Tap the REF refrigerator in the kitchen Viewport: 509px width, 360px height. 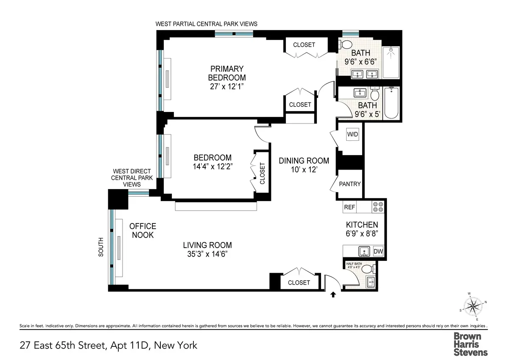coord(349,207)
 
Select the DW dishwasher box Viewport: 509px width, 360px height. coord(378,251)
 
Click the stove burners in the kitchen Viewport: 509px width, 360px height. coord(378,207)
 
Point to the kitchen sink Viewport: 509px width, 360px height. coord(364,251)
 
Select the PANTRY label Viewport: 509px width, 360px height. coord(350,184)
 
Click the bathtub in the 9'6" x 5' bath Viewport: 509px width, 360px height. coord(391,103)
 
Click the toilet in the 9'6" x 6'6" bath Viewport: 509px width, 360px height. coord(347,45)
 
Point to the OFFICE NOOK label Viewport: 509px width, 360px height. coord(143,231)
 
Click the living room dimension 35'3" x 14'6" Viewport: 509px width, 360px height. coord(207,254)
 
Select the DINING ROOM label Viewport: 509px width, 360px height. coord(304,161)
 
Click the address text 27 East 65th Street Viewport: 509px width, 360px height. coord(63,345)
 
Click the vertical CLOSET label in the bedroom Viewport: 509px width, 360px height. coord(262,173)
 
